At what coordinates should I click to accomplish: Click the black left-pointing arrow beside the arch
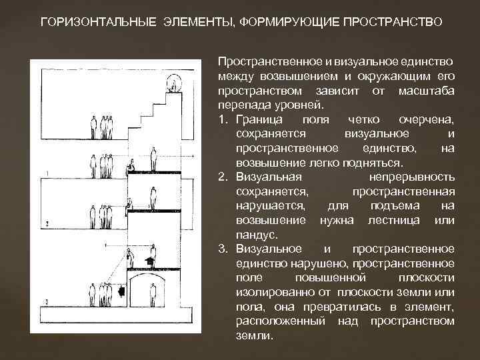coord(121,292)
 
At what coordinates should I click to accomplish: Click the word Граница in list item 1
coord(259,119)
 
